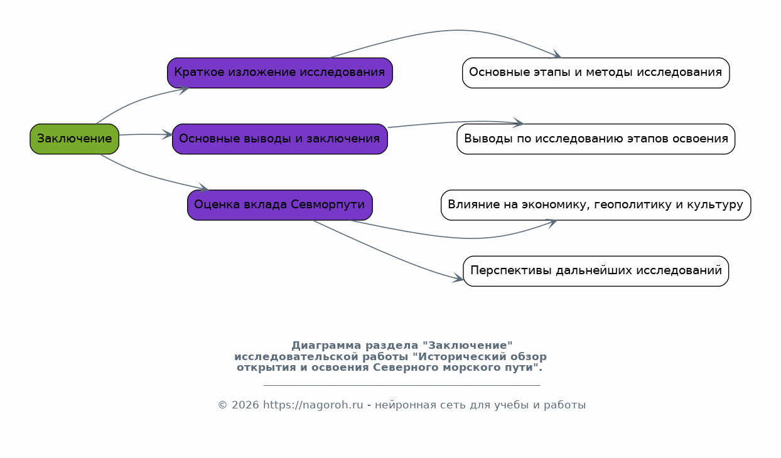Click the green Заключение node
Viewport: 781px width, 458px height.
pos(74,139)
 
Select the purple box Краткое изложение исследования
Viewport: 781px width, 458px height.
pos(280,73)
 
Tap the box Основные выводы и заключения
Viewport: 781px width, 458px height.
pos(280,139)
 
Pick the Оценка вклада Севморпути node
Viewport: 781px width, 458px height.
pos(280,205)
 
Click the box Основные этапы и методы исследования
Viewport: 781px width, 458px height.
pos(596,73)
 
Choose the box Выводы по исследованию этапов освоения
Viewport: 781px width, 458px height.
pos(596,139)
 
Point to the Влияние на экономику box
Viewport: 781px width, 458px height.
pos(596,205)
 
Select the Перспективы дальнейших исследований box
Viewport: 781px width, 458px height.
pos(596,271)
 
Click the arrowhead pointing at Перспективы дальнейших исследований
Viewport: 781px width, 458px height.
pos(458,278)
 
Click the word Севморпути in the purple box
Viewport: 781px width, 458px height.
pos(328,205)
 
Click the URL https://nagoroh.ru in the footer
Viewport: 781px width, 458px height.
pos(313,405)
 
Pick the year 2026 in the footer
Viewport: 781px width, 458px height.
pos(245,405)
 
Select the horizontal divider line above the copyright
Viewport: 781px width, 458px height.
pos(402,385)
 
